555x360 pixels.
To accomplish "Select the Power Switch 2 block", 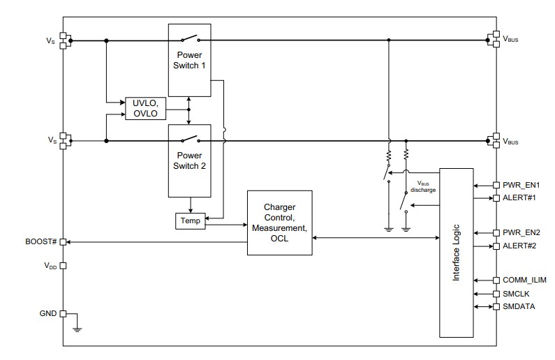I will click(x=190, y=160).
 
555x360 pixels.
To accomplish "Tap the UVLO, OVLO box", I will click(x=145, y=109).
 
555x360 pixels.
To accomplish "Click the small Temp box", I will click(x=190, y=220).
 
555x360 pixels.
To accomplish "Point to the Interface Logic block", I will click(x=455, y=253).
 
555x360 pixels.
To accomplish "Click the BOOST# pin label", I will click(x=41, y=241).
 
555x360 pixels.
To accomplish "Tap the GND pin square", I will click(x=63, y=314).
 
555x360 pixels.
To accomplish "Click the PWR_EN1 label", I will click(x=520, y=186).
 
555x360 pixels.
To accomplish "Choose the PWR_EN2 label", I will click(x=520, y=232).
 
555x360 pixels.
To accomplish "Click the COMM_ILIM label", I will click(x=524, y=280).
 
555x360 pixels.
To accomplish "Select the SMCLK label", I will click(x=515, y=294).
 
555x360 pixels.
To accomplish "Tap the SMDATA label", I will click(x=517, y=307).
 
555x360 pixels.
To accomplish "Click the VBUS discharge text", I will click(x=422, y=186).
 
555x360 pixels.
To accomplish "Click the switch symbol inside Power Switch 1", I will click(x=189, y=39).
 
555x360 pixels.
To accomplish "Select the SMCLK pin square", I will click(x=496, y=294).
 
